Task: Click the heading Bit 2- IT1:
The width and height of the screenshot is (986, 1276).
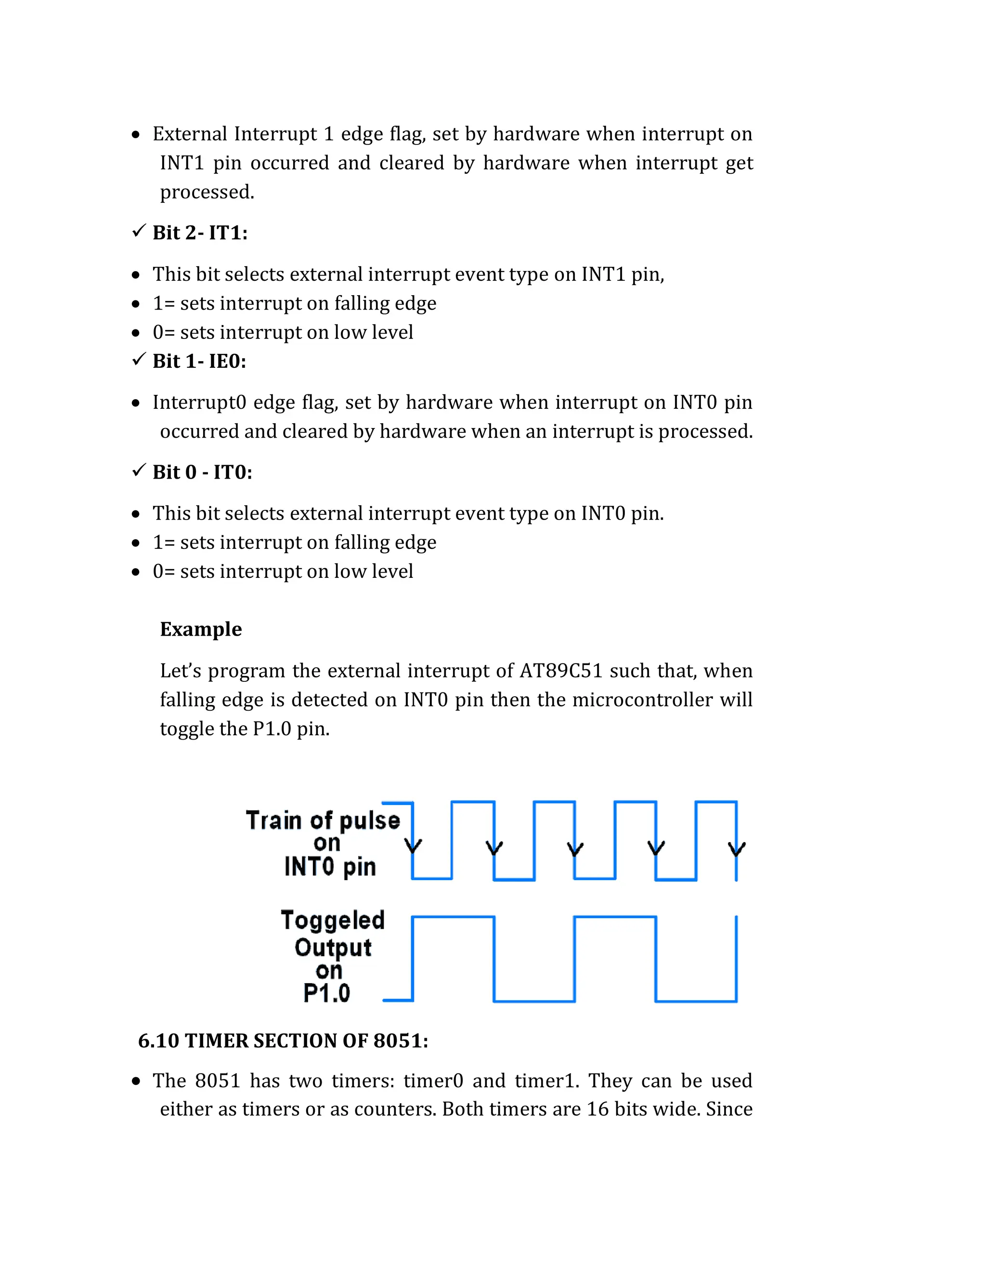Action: [200, 233]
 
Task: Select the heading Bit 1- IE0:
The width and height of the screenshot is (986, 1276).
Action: [199, 361]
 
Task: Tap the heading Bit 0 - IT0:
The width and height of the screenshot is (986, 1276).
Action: [202, 472]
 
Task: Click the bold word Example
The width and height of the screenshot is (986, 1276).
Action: [201, 629]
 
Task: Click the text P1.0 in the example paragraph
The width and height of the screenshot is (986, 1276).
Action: [272, 729]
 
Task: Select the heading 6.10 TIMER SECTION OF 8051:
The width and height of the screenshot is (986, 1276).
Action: [283, 1041]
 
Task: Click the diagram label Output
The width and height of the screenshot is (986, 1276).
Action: [333, 947]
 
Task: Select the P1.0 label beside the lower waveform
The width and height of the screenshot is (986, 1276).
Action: [326, 993]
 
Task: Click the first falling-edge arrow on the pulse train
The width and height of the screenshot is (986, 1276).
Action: [413, 846]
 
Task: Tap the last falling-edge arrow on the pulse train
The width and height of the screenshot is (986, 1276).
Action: [737, 848]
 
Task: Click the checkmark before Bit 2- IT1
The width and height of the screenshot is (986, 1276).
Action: [139, 231]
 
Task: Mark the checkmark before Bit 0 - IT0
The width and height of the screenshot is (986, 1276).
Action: [139, 470]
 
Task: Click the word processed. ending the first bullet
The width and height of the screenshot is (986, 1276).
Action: [208, 192]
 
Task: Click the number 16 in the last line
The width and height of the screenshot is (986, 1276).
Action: [597, 1109]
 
